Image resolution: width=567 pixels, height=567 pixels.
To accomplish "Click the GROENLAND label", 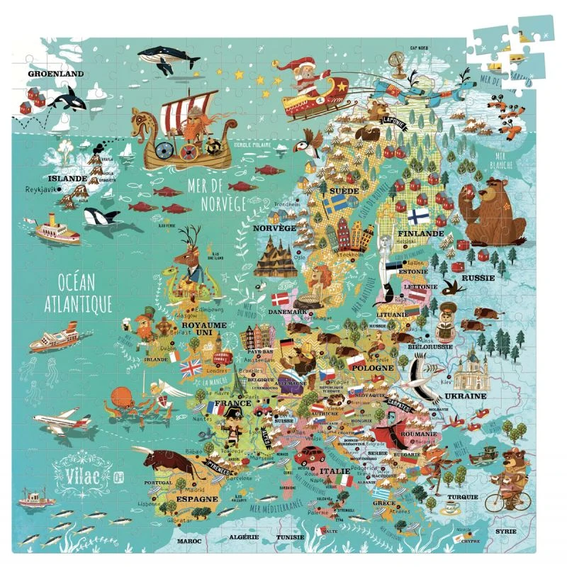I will coord(55,73).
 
